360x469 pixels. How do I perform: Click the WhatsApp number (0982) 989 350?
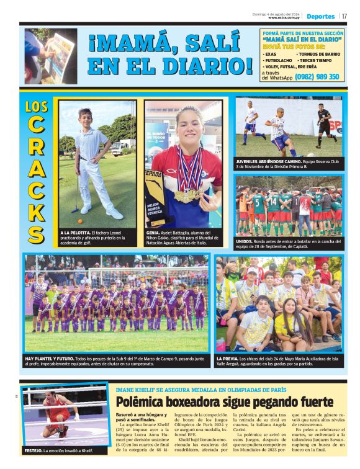pyautogui.click(x=317, y=77)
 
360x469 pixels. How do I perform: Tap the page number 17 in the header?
pyautogui.click(x=344, y=16)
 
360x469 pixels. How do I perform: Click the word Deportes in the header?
pyautogui.click(x=320, y=16)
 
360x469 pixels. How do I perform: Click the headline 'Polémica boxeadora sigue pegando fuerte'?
pyautogui.click(x=224, y=401)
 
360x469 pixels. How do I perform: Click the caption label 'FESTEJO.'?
pyautogui.click(x=34, y=450)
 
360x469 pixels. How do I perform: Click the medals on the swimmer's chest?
pyautogui.click(x=187, y=194)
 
